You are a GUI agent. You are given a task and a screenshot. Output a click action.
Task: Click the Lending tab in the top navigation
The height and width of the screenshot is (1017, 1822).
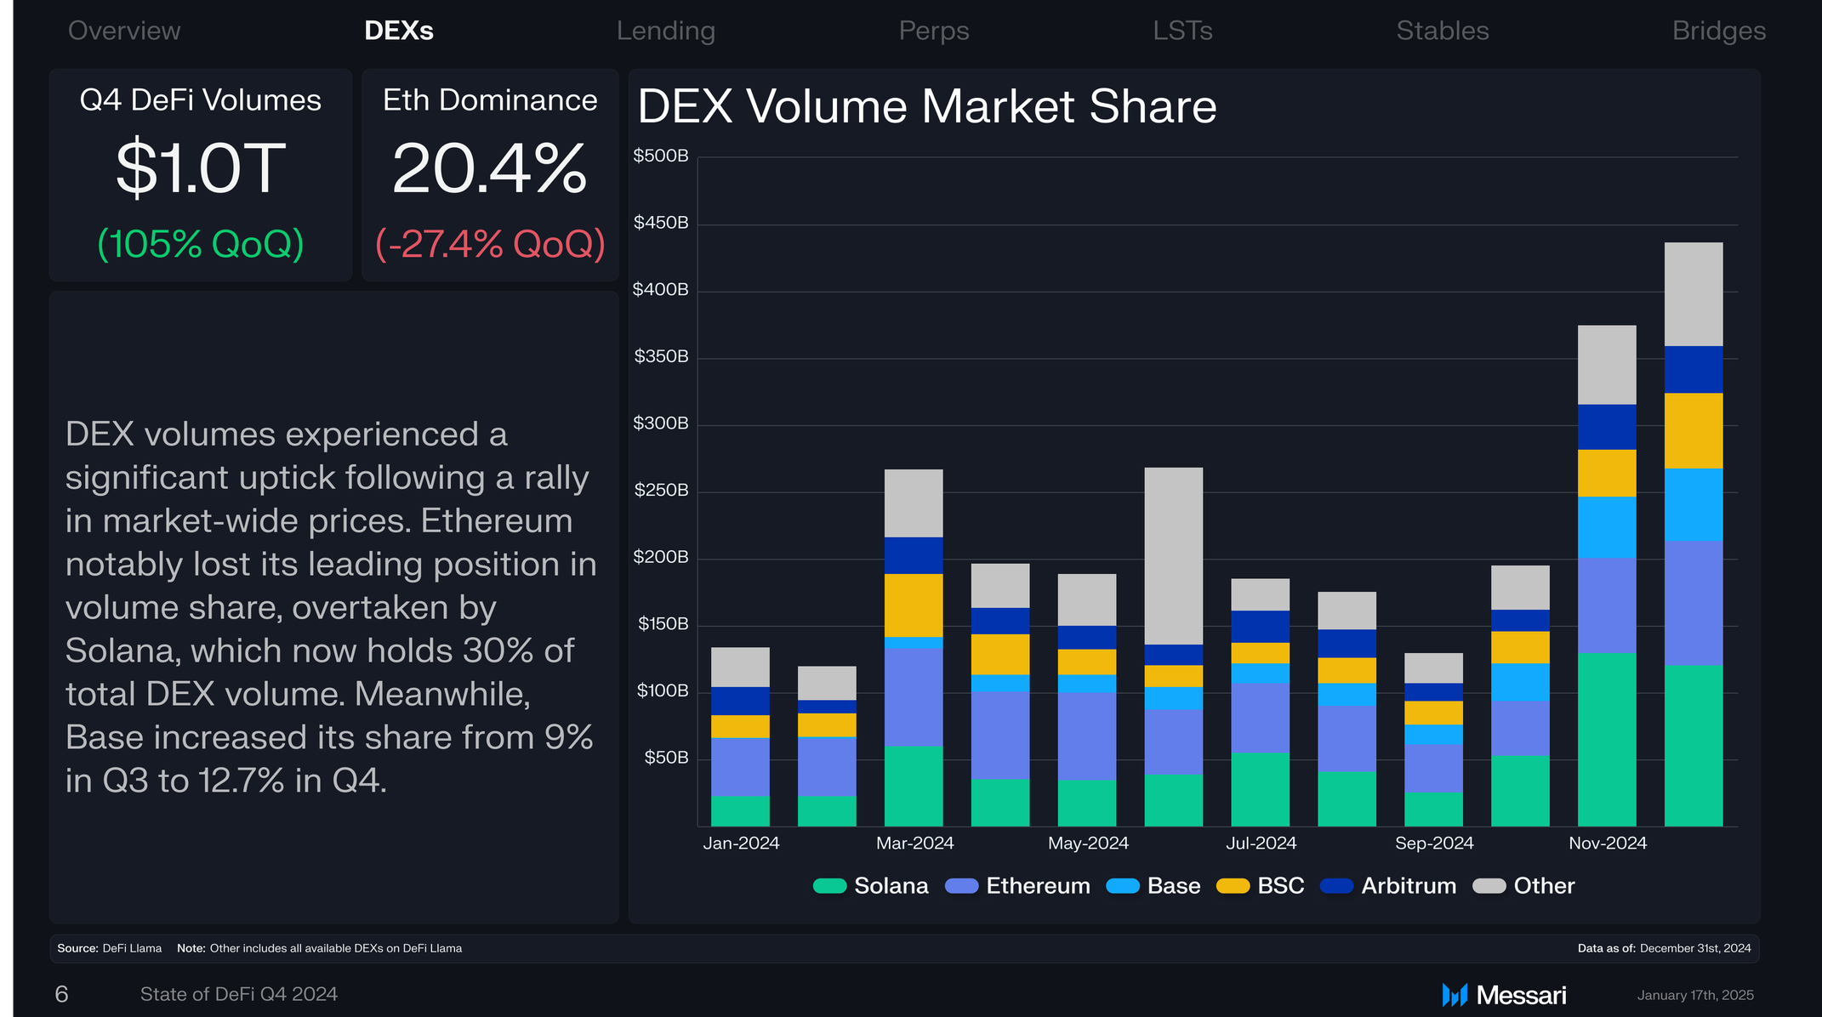pos(665,31)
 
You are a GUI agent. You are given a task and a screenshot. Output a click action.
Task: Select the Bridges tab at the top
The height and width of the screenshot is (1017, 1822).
pos(1719,31)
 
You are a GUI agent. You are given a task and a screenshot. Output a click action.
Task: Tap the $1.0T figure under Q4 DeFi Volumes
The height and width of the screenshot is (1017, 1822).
pos(201,168)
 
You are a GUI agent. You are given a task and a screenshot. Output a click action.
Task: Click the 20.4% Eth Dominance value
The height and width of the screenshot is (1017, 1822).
pos(490,168)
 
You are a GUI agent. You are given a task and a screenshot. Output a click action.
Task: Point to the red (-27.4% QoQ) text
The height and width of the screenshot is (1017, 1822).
pos(490,244)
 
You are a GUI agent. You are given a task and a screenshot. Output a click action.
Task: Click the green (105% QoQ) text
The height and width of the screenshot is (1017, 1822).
pos(201,244)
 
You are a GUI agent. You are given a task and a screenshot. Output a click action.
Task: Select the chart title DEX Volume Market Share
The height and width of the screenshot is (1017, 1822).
pos(927,106)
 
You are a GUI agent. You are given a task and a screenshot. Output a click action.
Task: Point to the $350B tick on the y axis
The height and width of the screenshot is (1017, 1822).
pos(661,356)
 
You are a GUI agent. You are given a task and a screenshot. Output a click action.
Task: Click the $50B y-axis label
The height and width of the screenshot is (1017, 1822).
pos(666,758)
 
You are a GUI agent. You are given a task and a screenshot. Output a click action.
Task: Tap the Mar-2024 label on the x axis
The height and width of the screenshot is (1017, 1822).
pos(914,843)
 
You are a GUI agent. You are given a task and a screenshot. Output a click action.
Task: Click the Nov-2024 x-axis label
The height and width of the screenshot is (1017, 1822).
pos(1608,843)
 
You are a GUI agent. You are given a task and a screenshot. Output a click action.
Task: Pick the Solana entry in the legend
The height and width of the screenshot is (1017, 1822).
pos(870,886)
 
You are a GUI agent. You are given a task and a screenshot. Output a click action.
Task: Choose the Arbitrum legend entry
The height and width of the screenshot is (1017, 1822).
pos(1388,886)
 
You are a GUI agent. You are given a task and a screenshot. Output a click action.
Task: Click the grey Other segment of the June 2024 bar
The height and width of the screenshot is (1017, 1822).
pos(1174,556)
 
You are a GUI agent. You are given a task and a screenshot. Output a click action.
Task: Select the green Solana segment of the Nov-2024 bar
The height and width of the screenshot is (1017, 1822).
pos(1607,739)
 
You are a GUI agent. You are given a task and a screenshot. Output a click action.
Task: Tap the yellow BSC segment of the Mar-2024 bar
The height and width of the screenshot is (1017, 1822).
pos(914,605)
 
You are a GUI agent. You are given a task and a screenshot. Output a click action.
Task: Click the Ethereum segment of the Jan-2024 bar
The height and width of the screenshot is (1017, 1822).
pos(740,767)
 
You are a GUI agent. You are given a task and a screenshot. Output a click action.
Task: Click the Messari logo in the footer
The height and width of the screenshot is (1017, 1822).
pos(1504,995)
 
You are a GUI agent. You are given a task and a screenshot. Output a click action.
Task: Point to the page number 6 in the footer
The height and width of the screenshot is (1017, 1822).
pos(61,994)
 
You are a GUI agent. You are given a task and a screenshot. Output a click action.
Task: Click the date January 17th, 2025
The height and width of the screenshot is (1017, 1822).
pos(1695,995)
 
